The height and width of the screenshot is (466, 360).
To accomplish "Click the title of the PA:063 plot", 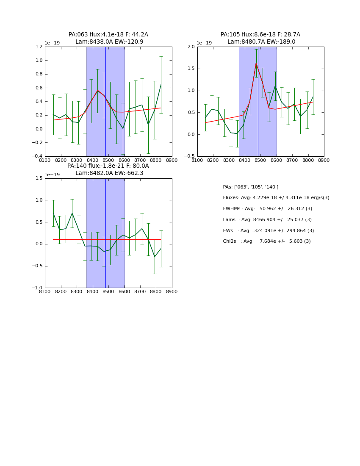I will click(x=108, y=38).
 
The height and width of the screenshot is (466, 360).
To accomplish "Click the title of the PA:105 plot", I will click(x=260, y=38).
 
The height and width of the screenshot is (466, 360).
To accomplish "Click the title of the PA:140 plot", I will click(x=108, y=169).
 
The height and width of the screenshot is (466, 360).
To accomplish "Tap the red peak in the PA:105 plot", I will click(x=256, y=63).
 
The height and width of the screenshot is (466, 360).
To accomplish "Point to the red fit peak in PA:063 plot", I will click(x=97, y=90).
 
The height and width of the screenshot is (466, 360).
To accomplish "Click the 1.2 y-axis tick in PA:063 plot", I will click(x=39, y=47).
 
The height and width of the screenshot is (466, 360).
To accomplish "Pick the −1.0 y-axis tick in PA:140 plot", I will click(x=38, y=288).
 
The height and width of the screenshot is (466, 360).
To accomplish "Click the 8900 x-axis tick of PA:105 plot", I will click(x=324, y=160).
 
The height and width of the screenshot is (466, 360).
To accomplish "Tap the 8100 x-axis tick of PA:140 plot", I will click(x=45, y=291).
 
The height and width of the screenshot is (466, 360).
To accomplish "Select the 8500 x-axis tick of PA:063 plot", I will click(x=108, y=160).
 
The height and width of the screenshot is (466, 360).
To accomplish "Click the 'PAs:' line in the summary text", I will click(x=251, y=187).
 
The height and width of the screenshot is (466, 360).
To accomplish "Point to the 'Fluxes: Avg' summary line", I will click(x=276, y=198).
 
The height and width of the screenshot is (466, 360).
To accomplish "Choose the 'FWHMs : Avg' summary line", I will click(x=268, y=209).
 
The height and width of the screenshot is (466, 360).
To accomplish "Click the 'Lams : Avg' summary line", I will click(x=267, y=220).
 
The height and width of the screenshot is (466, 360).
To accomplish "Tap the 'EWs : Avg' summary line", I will click(x=269, y=231).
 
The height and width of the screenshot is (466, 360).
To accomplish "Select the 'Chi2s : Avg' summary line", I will click(x=267, y=241).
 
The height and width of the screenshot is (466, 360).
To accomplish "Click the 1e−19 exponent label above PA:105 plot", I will click(x=204, y=43).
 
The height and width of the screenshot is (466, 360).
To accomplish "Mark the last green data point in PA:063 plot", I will click(x=161, y=84).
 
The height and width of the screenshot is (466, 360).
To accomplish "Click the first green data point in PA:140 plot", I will click(x=53, y=213).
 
